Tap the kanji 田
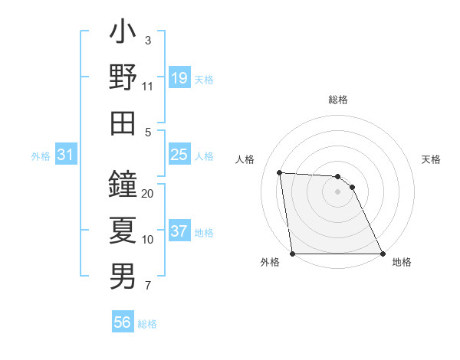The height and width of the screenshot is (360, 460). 123,122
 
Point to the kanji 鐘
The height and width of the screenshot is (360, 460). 123,185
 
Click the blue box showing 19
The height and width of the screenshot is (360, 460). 179,77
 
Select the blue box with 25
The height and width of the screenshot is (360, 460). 179,155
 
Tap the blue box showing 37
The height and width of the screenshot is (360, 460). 179,231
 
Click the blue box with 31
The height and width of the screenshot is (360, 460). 66,155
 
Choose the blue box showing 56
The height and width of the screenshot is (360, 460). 123,322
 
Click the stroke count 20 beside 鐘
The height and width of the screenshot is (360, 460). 148,194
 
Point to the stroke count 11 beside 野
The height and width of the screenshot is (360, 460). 148,87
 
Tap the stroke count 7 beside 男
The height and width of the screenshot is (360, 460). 148,286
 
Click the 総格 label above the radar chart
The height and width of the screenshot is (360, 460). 338,100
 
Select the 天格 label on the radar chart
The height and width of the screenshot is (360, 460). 432,159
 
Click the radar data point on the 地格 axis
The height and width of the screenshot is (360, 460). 382,254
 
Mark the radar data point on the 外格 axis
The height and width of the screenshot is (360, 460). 293,254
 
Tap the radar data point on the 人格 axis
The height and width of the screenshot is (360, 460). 280,172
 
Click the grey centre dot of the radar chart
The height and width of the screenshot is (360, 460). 337,191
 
